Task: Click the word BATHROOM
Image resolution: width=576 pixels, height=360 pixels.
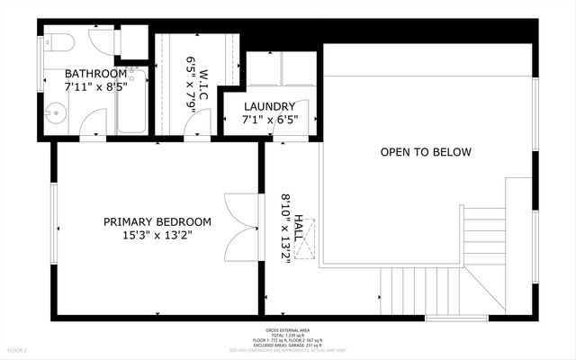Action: [x=95, y=74]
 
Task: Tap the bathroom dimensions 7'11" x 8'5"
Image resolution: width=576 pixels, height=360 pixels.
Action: [x=95, y=88]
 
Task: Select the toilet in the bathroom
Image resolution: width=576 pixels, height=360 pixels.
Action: [x=56, y=41]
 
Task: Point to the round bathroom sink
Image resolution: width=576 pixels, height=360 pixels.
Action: [x=56, y=114]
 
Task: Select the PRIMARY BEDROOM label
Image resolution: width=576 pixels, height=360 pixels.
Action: [x=157, y=221]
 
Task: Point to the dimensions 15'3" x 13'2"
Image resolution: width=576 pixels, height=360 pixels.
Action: [x=157, y=236]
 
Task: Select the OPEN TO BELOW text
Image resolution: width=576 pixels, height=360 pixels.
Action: [x=425, y=152]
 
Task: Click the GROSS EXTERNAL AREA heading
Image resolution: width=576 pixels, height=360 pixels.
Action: [x=288, y=329]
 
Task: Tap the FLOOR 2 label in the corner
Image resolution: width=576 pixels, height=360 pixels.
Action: [x=18, y=349]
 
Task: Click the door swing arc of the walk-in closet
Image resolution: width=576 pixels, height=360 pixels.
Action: [x=196, y=128]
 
